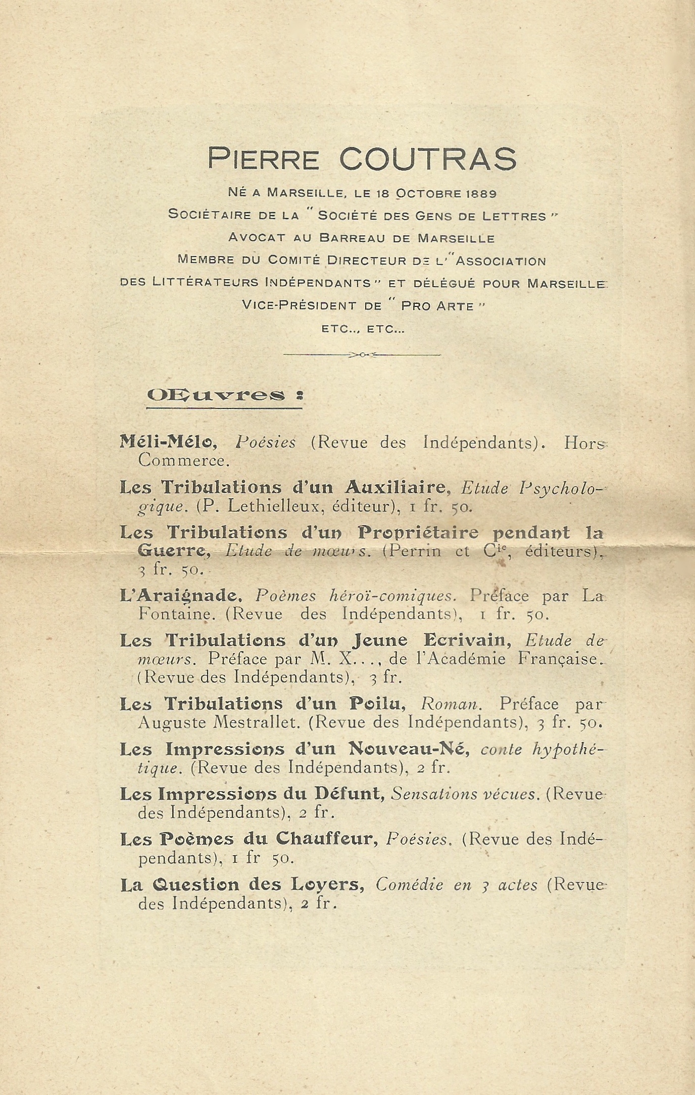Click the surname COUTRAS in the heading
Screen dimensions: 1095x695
[x=428, y=159]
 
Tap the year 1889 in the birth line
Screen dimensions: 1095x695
[x=481, y=193]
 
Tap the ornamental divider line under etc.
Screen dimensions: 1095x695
[x=362, y=355]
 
